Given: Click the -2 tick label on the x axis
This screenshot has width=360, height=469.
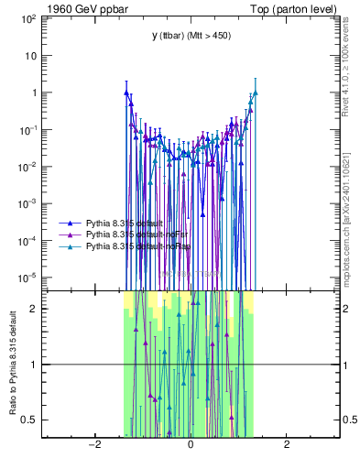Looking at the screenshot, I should pyautogui.click(x=93, y=445).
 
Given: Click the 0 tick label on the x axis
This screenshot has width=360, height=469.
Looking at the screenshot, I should pyautogui.click(x=190, y=445).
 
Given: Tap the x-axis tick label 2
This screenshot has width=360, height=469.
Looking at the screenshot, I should pyautogui.click(x=287, y=445).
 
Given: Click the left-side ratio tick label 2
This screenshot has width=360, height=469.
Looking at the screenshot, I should pyautogui.click(x=33, y=309).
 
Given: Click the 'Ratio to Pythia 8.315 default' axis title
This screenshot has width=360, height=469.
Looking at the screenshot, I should pyautogui.click(x=12, y=365).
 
